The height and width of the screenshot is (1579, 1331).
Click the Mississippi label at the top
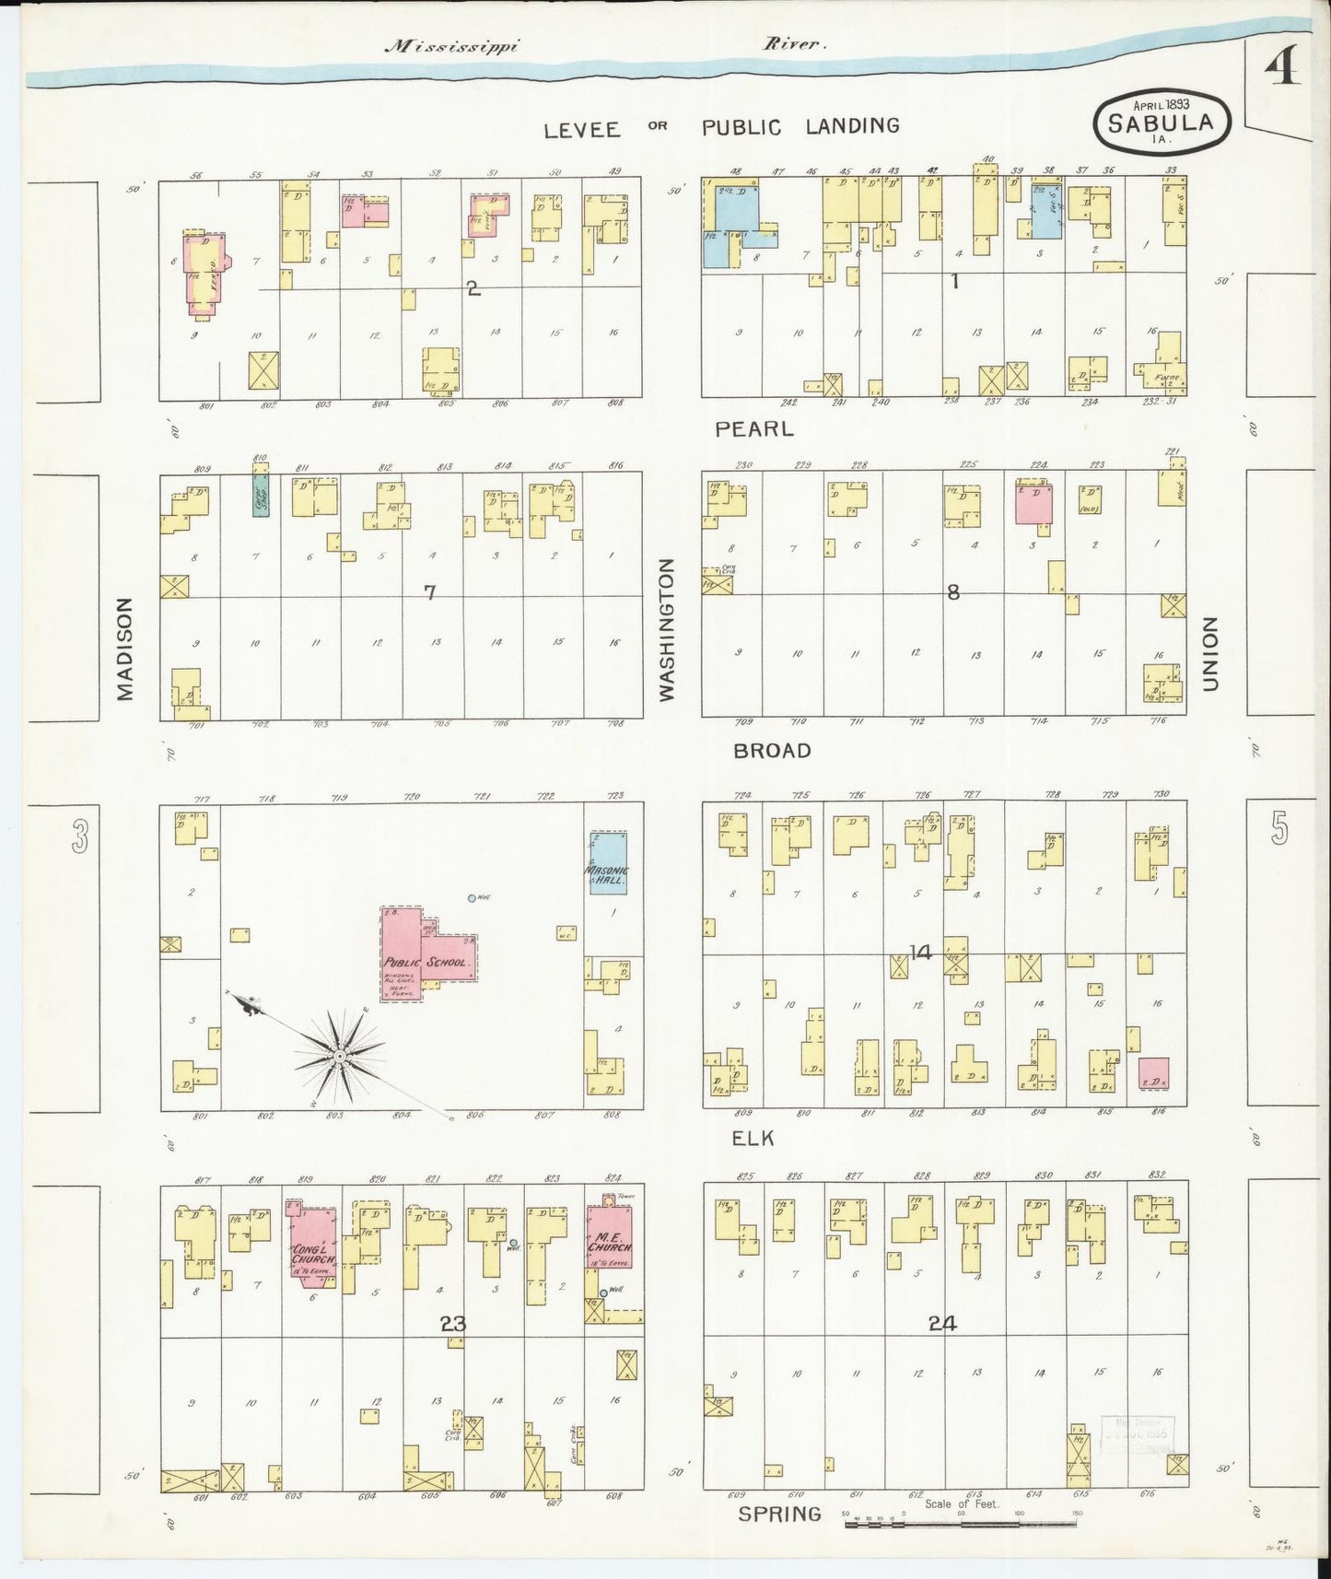point(451,45)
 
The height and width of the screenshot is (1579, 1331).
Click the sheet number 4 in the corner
point(1281,67)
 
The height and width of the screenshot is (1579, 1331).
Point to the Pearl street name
point(754,428)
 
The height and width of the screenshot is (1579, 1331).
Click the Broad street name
point(772,751)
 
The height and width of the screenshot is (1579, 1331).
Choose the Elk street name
point(753,1139)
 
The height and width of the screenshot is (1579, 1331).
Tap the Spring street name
point(779,1514)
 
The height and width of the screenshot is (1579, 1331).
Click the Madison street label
point(125,649)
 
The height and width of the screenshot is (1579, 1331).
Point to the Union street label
point(1209,654)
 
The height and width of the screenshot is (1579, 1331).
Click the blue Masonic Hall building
point(608,862)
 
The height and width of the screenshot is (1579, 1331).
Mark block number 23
point(452,1324)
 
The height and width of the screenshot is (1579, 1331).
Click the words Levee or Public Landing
point(720,127)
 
